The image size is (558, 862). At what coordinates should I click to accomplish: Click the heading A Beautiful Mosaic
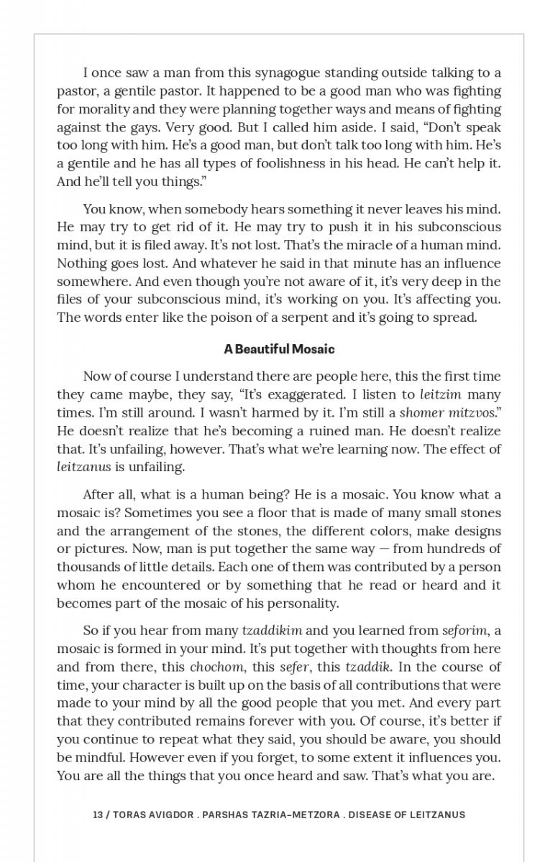tap(279, 349)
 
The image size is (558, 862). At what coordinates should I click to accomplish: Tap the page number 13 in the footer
tap(98, 815)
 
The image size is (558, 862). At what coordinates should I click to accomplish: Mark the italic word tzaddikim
tap(272, 631)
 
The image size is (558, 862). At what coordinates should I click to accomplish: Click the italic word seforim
tap(465, 631)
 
